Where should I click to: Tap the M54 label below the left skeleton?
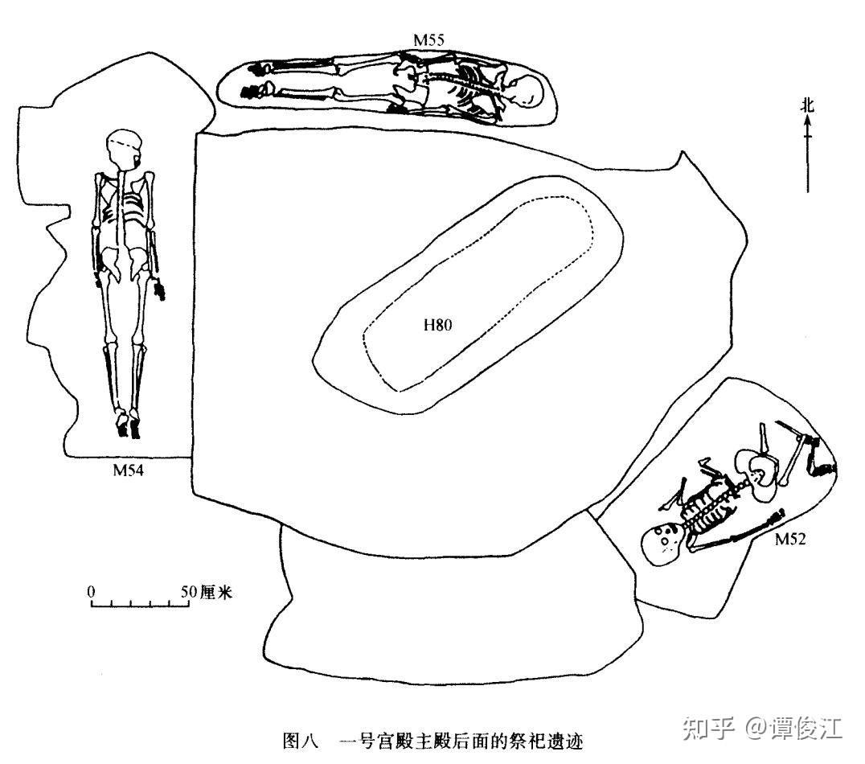point(129,470)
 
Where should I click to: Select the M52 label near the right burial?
point(790,540)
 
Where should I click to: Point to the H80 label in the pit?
point(438,326)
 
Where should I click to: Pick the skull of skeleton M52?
point(663,543)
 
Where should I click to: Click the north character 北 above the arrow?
point(807,104)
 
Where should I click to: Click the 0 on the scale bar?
point(92,591)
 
